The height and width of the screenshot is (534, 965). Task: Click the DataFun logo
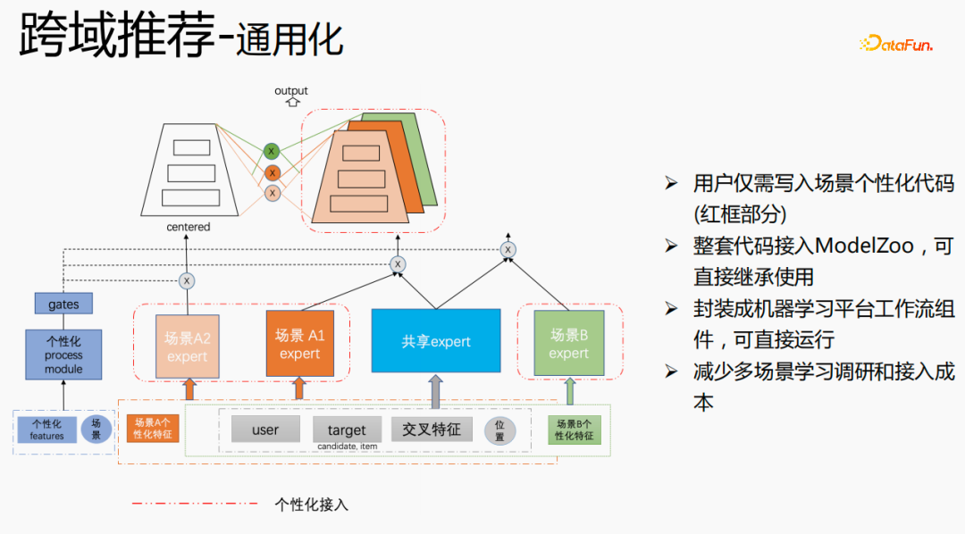895,43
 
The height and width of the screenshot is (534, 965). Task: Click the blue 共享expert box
435,340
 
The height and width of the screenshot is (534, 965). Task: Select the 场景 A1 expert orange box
299,344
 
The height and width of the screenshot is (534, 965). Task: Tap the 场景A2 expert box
187,346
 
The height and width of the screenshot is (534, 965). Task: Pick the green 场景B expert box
568,344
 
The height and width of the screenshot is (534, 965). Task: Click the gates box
63,305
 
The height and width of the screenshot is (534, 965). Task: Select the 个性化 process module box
63,355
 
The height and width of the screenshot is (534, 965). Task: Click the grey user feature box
265,430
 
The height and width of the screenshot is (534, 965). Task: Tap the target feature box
346,430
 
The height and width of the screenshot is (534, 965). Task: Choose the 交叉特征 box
431,430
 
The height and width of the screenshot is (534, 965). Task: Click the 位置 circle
499,430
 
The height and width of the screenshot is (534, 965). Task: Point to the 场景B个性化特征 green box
574,430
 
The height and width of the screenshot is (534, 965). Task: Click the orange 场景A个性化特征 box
153,429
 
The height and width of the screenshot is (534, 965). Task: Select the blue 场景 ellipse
96,430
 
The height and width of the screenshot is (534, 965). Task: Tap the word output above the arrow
290,90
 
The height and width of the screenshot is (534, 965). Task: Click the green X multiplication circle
272,152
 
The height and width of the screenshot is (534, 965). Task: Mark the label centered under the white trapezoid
189,227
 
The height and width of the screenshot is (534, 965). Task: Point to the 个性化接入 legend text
311,504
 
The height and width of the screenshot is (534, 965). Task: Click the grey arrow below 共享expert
435,391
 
